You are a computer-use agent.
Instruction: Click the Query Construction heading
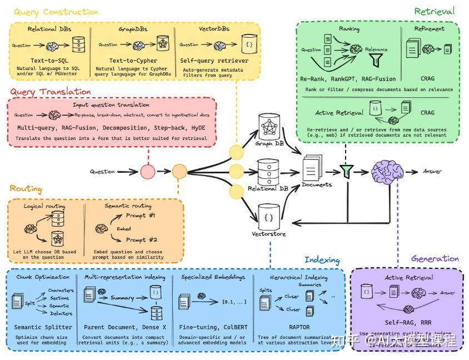(x=56, y=12)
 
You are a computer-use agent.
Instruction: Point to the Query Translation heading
(x=51, y=92)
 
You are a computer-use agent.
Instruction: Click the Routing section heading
(x=26, y=189)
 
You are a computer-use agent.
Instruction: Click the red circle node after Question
(x=147, y=171)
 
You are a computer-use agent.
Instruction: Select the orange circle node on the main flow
(x=179, y=171)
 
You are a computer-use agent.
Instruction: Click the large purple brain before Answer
(x=387, y=171)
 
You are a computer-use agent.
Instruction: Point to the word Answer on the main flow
(x=432, y=171)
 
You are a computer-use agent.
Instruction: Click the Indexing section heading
(x=322, y=260)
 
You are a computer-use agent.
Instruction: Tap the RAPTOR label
(x=299, y=327)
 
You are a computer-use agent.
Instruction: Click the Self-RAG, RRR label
(x=407, y=322)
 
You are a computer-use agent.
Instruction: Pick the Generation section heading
(x=435, y=258)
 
